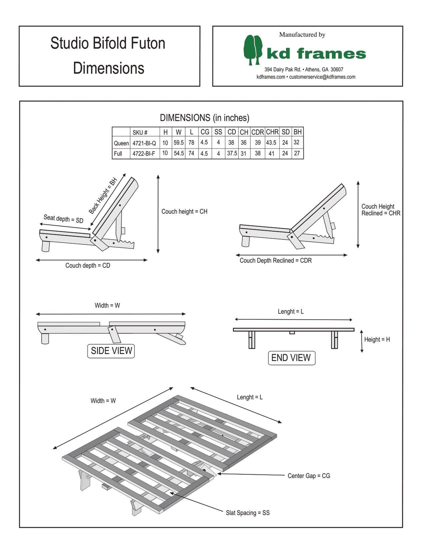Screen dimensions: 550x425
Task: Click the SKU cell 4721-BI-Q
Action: pyautogui.click(x=144, y=143)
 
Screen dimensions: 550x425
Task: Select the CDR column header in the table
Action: pyautogui.click(x=258, y=132)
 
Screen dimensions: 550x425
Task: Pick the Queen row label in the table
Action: pyautogui.click(x=121, y=143)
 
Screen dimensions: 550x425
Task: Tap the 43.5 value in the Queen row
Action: pyautogui.click(x=271, y=143)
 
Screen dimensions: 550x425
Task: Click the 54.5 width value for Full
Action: pyautogui.click(x=179, y=153)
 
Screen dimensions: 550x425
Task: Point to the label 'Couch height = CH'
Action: pyautogui.click(x=184, y=211)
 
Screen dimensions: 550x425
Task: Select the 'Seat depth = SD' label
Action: pyautogui.click(x=63, y=219)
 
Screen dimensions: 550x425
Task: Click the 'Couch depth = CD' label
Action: pyautogui.click(x=88, y=265)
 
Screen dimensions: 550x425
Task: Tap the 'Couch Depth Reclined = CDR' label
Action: pyautogui.click(x=276, y=260)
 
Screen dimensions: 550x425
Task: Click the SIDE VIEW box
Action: pyautogui.click(x=111, y=351)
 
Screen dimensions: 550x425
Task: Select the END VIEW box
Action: pyautogui.click(x=291, y=358)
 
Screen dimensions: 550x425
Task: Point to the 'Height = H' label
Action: pyautogui.click(x=377, y=340)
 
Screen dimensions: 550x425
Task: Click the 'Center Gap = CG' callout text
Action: pyautogui.click(x=309, y=476)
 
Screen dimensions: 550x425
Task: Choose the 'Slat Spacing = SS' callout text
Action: pyautogui.click(x=248, y=513)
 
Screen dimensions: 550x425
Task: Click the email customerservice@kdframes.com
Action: pyautogui.click(x=322, y=77)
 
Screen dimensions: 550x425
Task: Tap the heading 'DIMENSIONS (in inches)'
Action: pyautogui.click(x=204, y=118)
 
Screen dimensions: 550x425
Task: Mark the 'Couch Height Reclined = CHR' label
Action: pyautogui.click(x=381, y=210)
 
